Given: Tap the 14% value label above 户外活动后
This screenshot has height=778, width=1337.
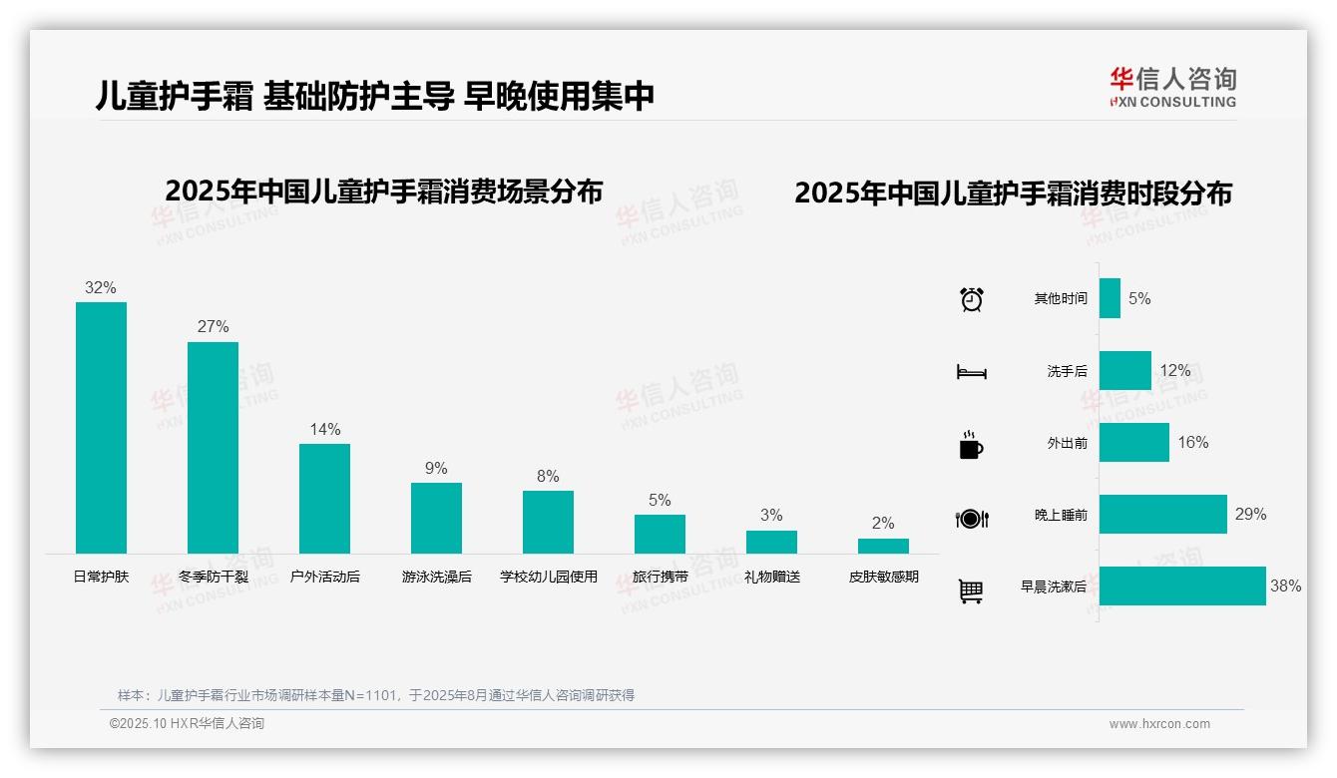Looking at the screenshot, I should tap(325, 430).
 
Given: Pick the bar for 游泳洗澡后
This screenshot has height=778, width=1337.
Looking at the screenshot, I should tap(436, 518).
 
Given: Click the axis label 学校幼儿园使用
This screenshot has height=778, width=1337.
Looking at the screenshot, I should tap(548, 577).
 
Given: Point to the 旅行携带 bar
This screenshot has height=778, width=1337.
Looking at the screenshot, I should tap(660, 534).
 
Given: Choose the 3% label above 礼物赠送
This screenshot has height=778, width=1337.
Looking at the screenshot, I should tap(771, 516).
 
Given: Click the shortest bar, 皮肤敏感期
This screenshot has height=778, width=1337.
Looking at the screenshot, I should tap(883, 546).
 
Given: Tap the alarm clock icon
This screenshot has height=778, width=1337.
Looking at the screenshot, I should tap(971, 299).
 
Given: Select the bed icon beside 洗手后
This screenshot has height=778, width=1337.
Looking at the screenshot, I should tap(971, 372).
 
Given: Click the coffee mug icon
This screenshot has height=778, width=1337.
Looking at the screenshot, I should tap(971, 445).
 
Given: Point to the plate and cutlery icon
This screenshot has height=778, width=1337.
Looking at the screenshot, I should tap(971, 518).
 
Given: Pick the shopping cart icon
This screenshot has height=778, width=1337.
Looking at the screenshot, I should tap(971, 590).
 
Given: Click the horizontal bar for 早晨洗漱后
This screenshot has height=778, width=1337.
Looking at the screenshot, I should tap(1182, 586).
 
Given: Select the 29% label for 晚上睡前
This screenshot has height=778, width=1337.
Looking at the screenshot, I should tap(1250, 515).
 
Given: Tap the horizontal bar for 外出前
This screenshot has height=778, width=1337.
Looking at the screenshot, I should tap(1134, 443).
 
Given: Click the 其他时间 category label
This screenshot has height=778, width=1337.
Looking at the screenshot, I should tap(1061, 299).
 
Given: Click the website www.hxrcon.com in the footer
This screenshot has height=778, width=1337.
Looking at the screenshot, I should tap(1159, 724).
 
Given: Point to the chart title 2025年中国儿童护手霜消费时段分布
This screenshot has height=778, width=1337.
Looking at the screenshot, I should tap(1013, 194).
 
